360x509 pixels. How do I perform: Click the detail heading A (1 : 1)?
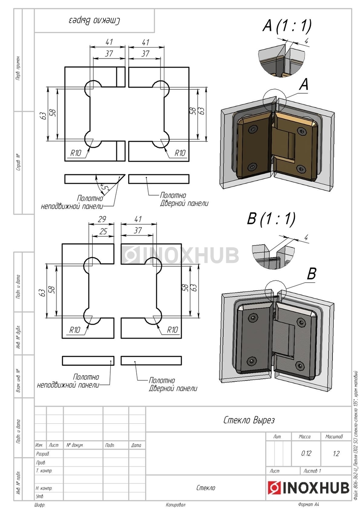click(x=287, y=26)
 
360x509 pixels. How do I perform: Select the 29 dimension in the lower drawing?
click(x=101, y=220)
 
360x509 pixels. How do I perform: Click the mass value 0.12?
click(x=306, y=453)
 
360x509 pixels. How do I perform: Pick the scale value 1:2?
click(x=336, y=453)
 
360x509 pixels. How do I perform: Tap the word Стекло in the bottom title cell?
click(x=206, y=488)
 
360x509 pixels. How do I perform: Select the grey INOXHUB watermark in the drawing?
click(x=181, y=255)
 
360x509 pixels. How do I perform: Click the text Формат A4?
click(x=309, y=505)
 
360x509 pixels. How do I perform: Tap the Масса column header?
click(x=305, y=436)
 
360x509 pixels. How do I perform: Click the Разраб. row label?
click(x=43, y=454)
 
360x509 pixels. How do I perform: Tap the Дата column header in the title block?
click(x=137, y=445)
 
